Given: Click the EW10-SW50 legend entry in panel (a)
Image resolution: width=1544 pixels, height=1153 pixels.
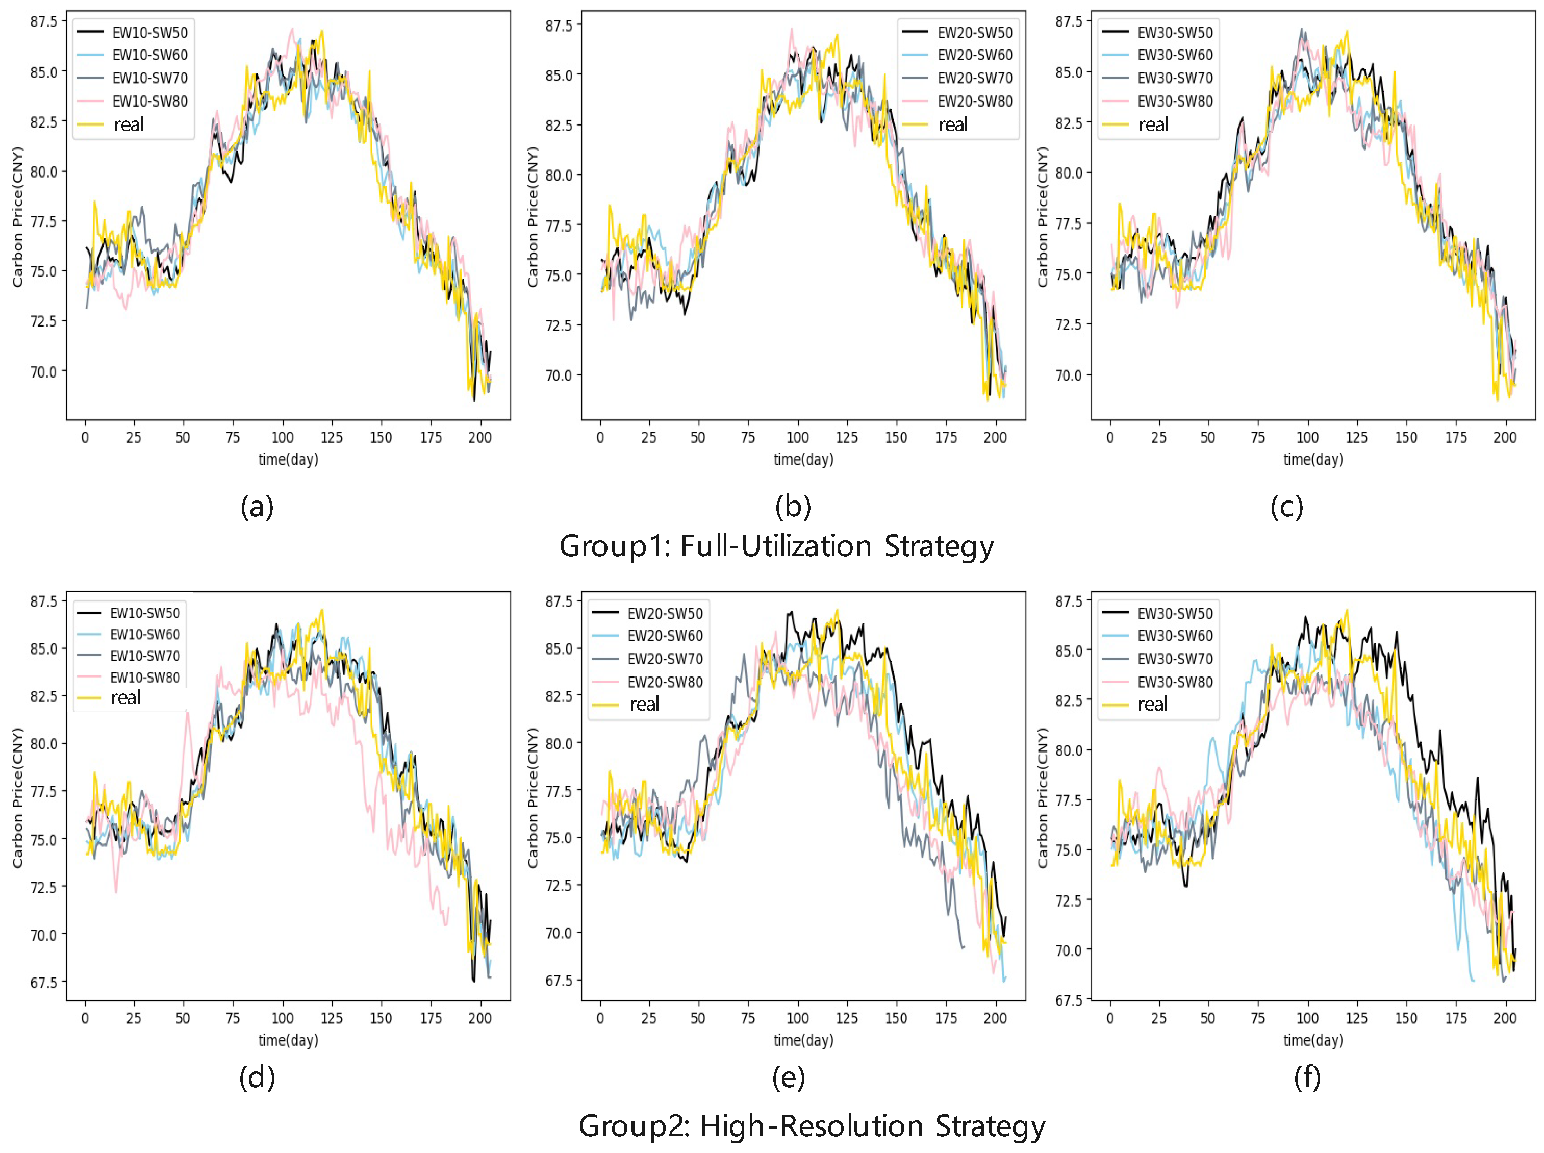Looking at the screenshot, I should tap(149, 32).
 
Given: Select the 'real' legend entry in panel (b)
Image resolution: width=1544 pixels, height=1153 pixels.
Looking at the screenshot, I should tap(952, 125).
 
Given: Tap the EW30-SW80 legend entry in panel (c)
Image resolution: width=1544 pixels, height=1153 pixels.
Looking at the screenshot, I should tap(1174, 101).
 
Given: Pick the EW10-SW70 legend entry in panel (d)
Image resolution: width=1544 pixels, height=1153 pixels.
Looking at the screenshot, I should tap(144, 656).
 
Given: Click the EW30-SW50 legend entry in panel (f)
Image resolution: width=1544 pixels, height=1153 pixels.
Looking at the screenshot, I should tap(1174, 614).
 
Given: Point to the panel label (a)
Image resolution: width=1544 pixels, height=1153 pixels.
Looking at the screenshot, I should tap(257, 506).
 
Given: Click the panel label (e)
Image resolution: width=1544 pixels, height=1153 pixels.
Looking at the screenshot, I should tap(789, 1077).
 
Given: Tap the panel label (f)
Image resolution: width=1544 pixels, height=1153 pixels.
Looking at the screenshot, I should tap(1307, 1077).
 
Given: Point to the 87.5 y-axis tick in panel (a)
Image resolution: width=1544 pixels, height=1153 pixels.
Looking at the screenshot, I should tap(43, 21).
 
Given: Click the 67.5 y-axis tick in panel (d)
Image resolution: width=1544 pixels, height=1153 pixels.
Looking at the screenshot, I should tap(43, 982).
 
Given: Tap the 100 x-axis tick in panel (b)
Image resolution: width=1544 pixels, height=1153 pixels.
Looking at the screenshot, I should tap(797, 438).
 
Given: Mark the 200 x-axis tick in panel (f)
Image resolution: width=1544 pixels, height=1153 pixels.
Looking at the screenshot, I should tap(1505, 1018).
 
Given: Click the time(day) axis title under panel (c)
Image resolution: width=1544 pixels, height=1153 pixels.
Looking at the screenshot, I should tap(1313, 459).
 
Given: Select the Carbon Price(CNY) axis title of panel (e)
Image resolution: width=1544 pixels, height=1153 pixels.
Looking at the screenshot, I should tap(534, 798).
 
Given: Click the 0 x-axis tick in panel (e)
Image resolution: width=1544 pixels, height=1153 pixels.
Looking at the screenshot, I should tap(600, 1018).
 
